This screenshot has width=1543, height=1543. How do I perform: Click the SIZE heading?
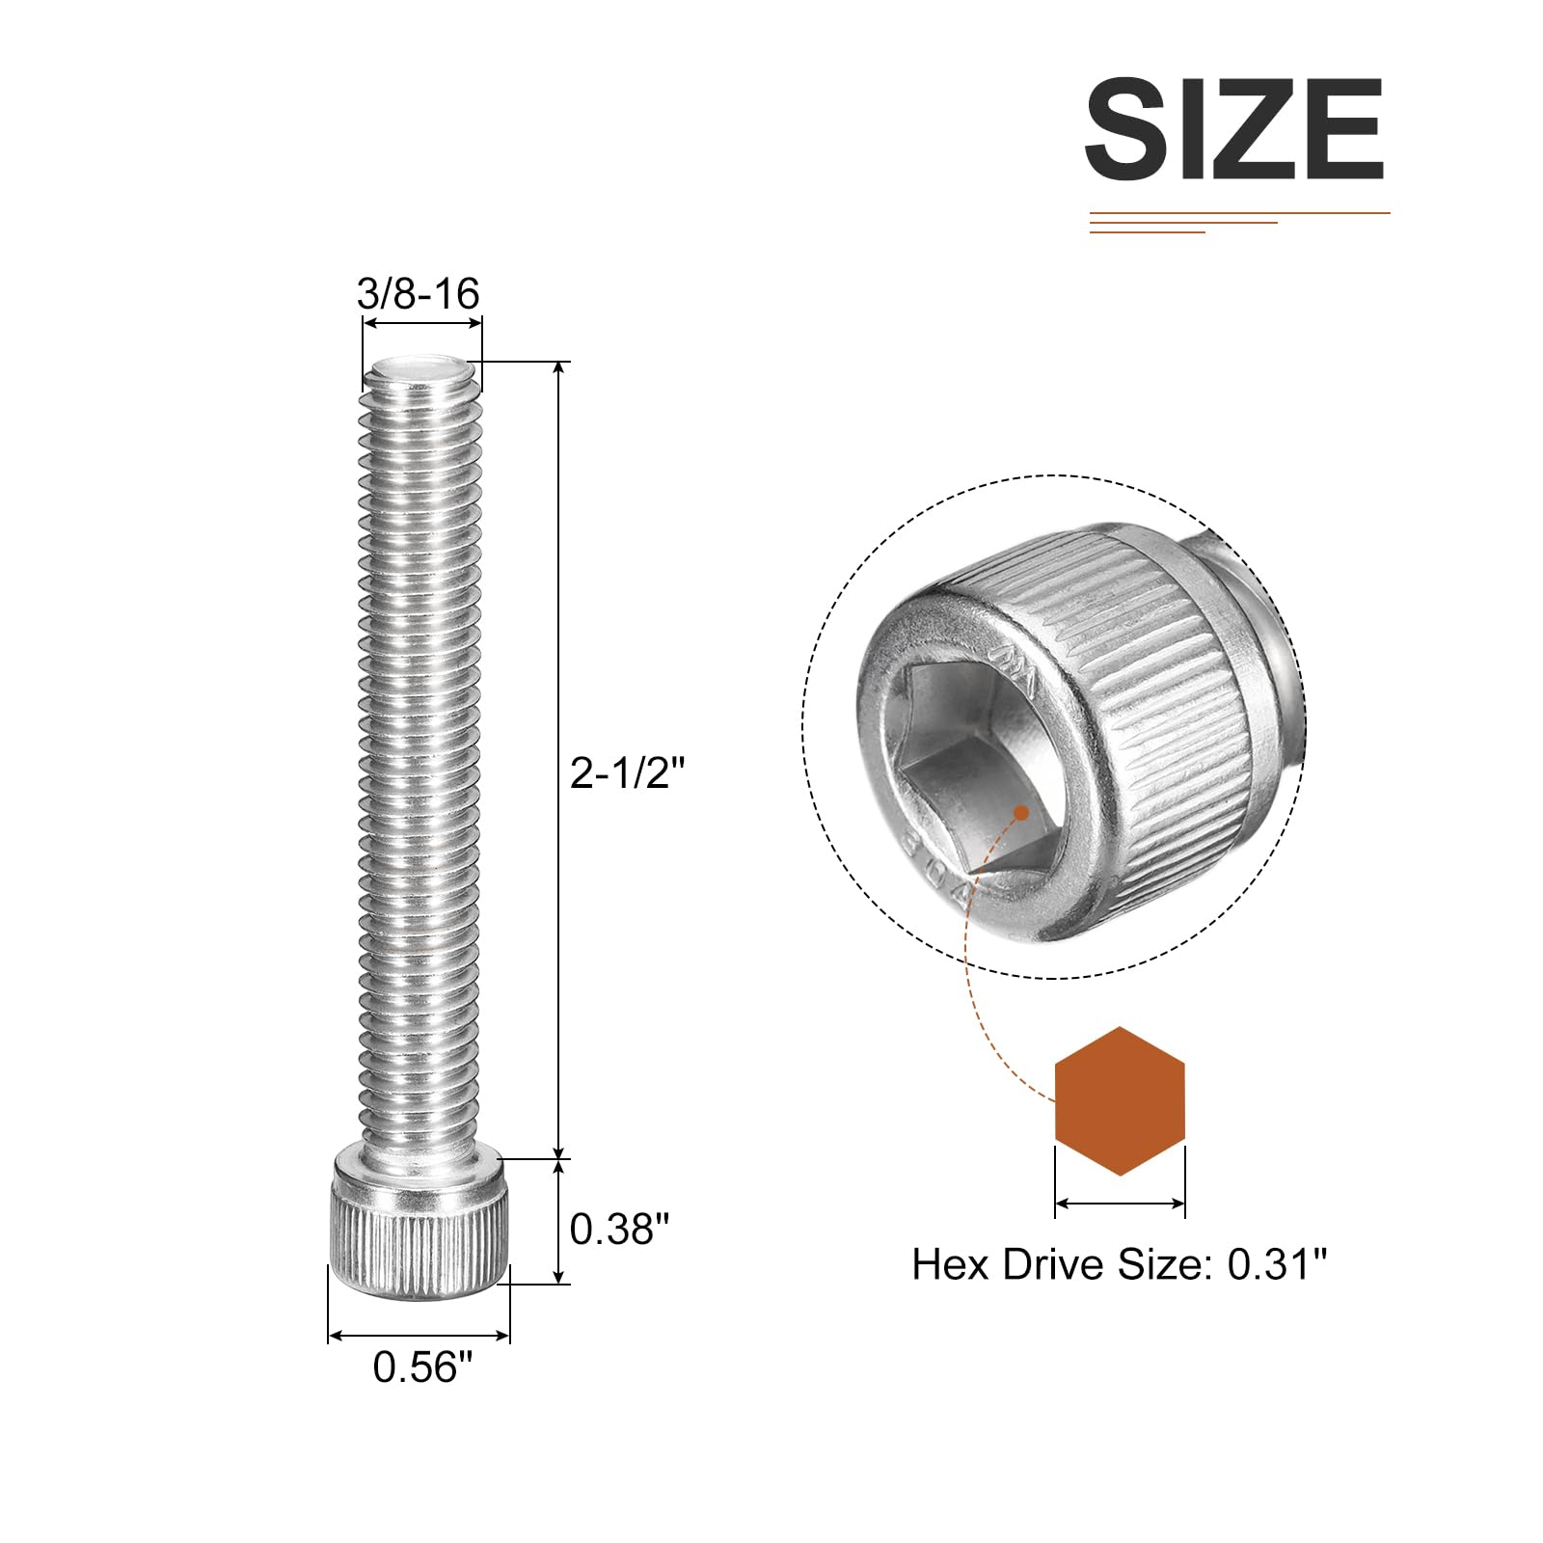click(1234, 129)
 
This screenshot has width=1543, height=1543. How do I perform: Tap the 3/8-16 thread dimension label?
click(419, 293)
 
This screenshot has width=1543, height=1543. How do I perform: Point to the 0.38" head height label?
click(619, 1229)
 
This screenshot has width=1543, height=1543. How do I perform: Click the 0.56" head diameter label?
click(423, 1367)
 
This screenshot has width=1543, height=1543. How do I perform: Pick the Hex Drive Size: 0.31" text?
click(1120, 1263)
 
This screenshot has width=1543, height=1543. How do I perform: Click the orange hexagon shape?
click(1120, 1100)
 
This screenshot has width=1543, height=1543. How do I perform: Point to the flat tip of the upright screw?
click(421, 367)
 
